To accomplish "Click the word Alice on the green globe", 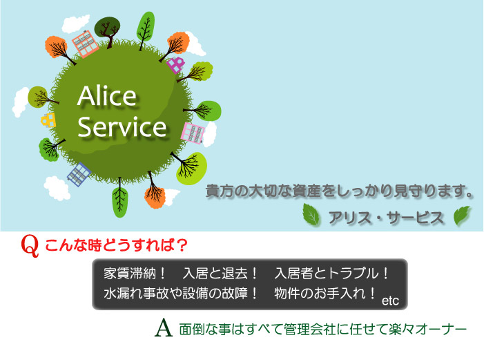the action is (x=107, y=95).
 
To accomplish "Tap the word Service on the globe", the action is (x=122, y=126).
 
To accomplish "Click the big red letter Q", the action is (x=30, y=246).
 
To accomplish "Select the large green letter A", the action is (x=164, y=328).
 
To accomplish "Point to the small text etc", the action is (x=390, y=301).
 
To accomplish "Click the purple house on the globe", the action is (x=175, y=64).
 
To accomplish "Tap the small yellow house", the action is (x=48, y=120).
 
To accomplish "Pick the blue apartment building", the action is (x=79, y=174).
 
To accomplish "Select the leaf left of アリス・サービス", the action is (x=311, y=214).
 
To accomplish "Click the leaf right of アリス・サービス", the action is (x=462, y=215).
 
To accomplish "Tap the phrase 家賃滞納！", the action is (x=135, y=274).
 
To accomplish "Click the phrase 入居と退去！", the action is (x=220, y=274).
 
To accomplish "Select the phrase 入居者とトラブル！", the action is (x=331, y=274).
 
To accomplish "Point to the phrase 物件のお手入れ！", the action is (x=325, y=293).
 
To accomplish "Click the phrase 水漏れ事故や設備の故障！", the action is (x=181, y=293).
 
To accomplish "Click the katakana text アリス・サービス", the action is (x=387, y=218).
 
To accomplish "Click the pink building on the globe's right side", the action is (x=193, y=133).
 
